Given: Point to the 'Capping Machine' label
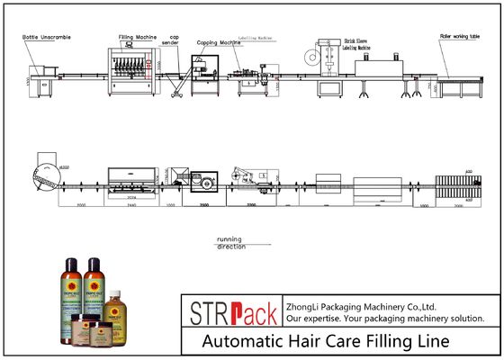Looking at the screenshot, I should [x=216, y=42].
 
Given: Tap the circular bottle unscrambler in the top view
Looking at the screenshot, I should [x=41, y=175].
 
